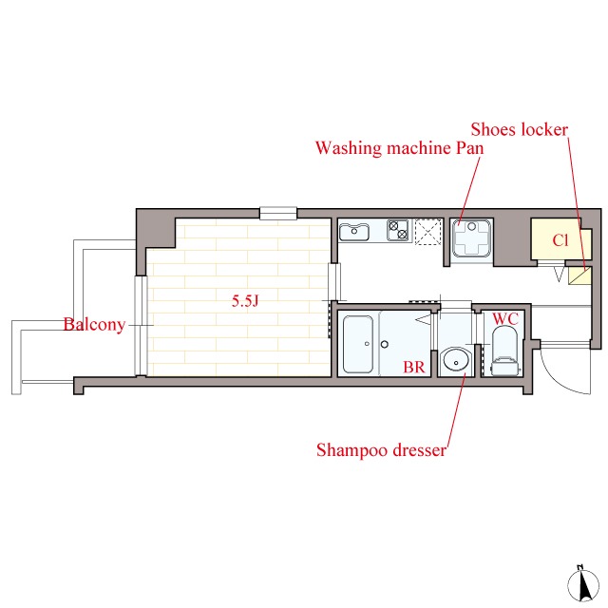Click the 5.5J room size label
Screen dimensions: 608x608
[x=245, y=301]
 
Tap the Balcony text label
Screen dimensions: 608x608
[x=94, y=324]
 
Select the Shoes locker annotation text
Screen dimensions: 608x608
[x=520, y=129]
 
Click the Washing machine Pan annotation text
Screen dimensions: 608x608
[x=399, y=148]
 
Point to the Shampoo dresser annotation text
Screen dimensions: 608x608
[x=381, y=450]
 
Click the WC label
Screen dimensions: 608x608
[x=505, y=319]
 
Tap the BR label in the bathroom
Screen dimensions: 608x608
[x=414, y=367]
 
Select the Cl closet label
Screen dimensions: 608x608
[x=560, y=240]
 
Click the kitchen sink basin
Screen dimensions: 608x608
[x=354, y=232]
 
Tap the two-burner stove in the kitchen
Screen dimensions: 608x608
[x=398, y=230]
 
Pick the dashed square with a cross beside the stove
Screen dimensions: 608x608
[x=428, y=232]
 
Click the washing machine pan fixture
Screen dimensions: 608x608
[x=471, y=238]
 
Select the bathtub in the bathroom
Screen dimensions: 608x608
[x=358, y=344]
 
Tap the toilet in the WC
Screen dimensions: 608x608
[x=504, y=351]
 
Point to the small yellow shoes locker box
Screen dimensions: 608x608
[x=579, y=275]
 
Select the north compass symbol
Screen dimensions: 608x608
[x=580, y=585]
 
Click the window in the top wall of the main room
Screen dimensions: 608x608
[x=278, y=213]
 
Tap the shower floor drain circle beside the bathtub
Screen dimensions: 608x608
[x=385, y=344]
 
